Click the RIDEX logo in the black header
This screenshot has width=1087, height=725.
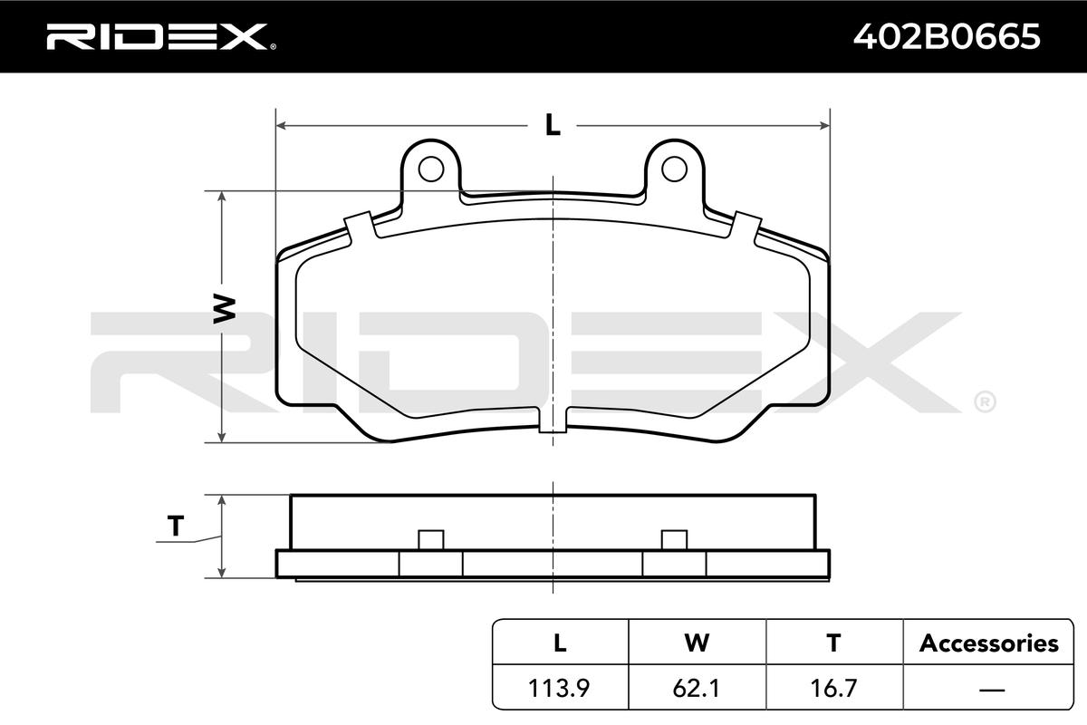161,37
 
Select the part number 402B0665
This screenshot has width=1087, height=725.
947,36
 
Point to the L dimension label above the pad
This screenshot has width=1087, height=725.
553,125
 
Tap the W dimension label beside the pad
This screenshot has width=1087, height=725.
225,309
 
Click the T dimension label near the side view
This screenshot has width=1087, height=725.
176,526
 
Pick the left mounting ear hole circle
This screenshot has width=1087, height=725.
431,169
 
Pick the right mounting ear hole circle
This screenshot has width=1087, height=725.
674,169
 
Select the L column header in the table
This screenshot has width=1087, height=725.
560,643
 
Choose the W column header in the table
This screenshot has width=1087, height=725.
697,643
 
